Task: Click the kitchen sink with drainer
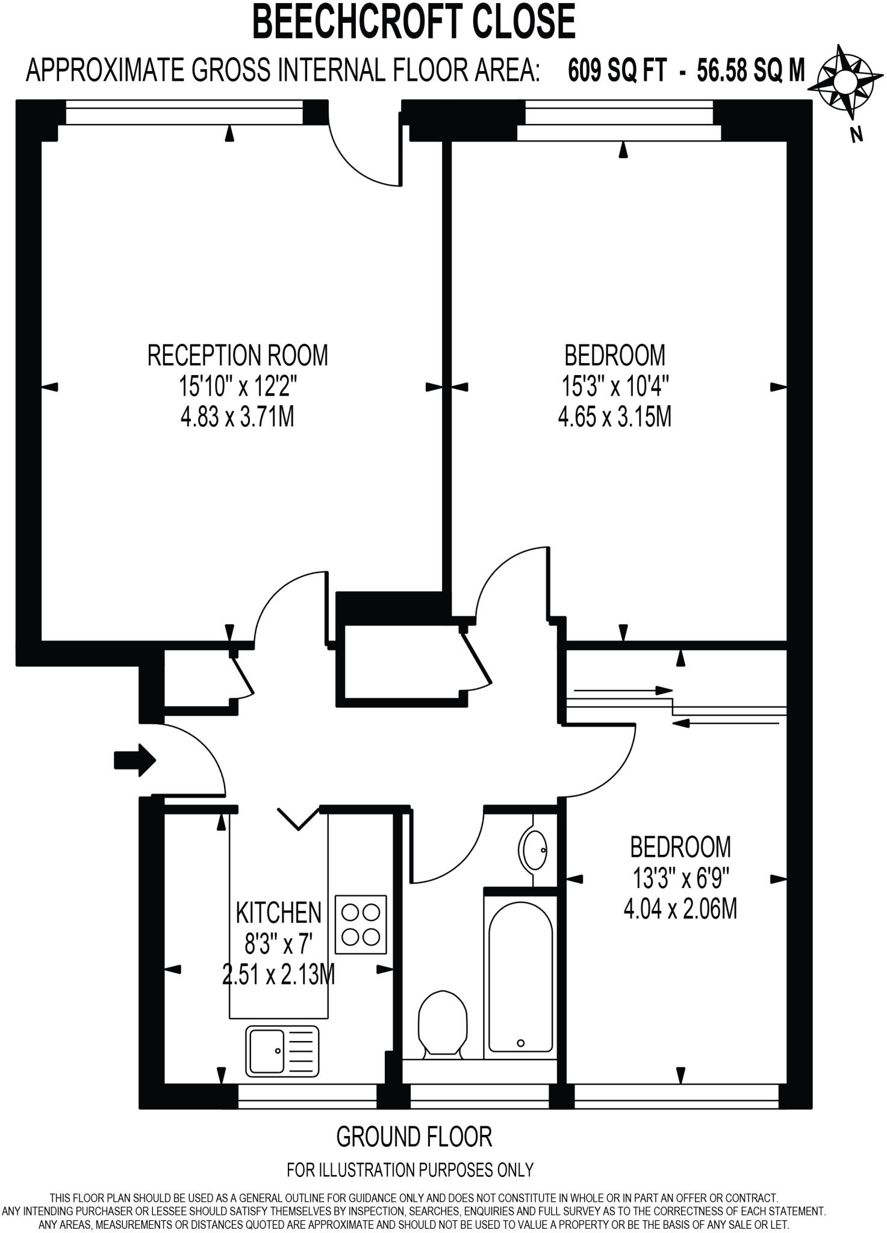282,1051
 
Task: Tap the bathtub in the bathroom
520,977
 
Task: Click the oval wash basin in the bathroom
534,850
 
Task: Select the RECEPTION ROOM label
237,355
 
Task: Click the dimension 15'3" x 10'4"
615,386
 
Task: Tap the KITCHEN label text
278,913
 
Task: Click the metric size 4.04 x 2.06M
680,908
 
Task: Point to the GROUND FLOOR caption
414,1137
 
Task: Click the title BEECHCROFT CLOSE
414,21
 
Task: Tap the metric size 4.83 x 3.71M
237,417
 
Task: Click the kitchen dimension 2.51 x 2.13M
278,975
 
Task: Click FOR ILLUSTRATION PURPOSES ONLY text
410,1170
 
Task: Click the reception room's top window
184,113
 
